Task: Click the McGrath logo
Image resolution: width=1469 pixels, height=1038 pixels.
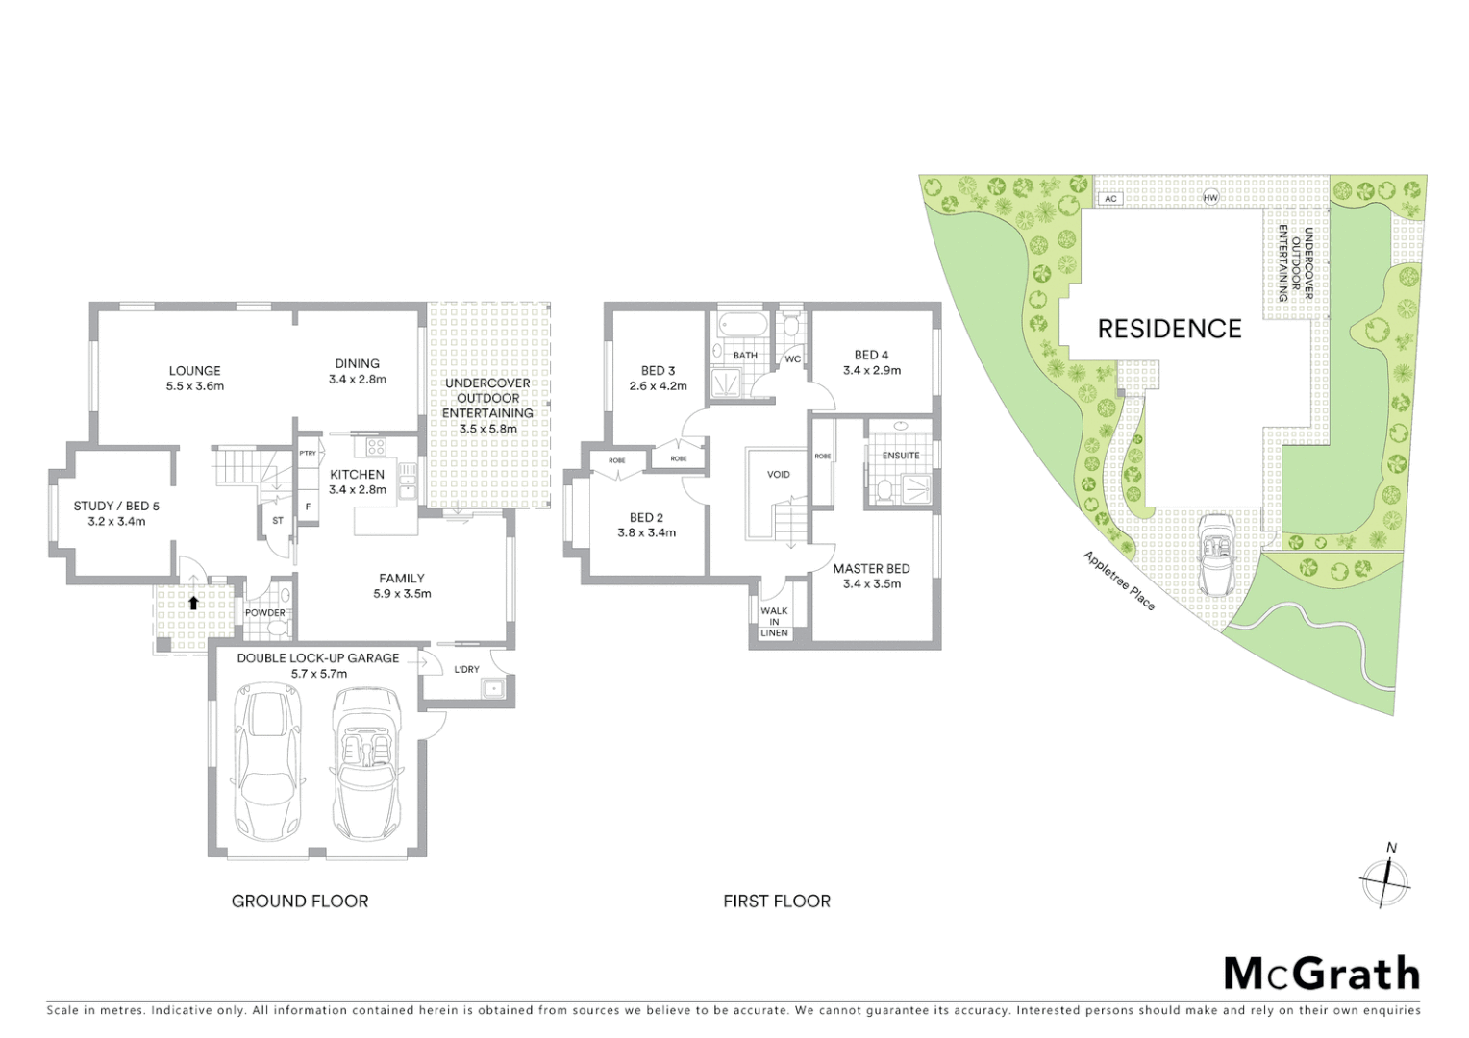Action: (x=1321, y=974)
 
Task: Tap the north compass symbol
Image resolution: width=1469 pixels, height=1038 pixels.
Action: (x=1384, y=878)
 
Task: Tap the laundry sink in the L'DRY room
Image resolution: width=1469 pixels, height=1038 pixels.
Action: (x=494, y=688)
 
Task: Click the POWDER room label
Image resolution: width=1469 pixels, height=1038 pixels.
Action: (x=264, y=612)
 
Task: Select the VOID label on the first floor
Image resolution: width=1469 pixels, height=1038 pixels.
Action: (x=778, y=474)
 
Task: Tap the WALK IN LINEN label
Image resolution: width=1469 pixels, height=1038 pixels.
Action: (x=774, y=621)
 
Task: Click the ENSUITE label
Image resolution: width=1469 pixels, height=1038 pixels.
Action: (x=900, y=455)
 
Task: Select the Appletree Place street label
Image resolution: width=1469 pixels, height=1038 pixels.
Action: (x=1119, y=581)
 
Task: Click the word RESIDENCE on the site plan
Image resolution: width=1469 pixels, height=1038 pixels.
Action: (x=1169, y=329)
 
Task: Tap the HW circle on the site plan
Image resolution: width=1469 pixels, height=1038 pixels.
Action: (x=1210, y=198)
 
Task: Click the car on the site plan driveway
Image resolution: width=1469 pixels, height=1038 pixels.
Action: (x=1218, y=554)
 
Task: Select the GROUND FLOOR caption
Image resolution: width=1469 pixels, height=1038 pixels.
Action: (x=300, y=901)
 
